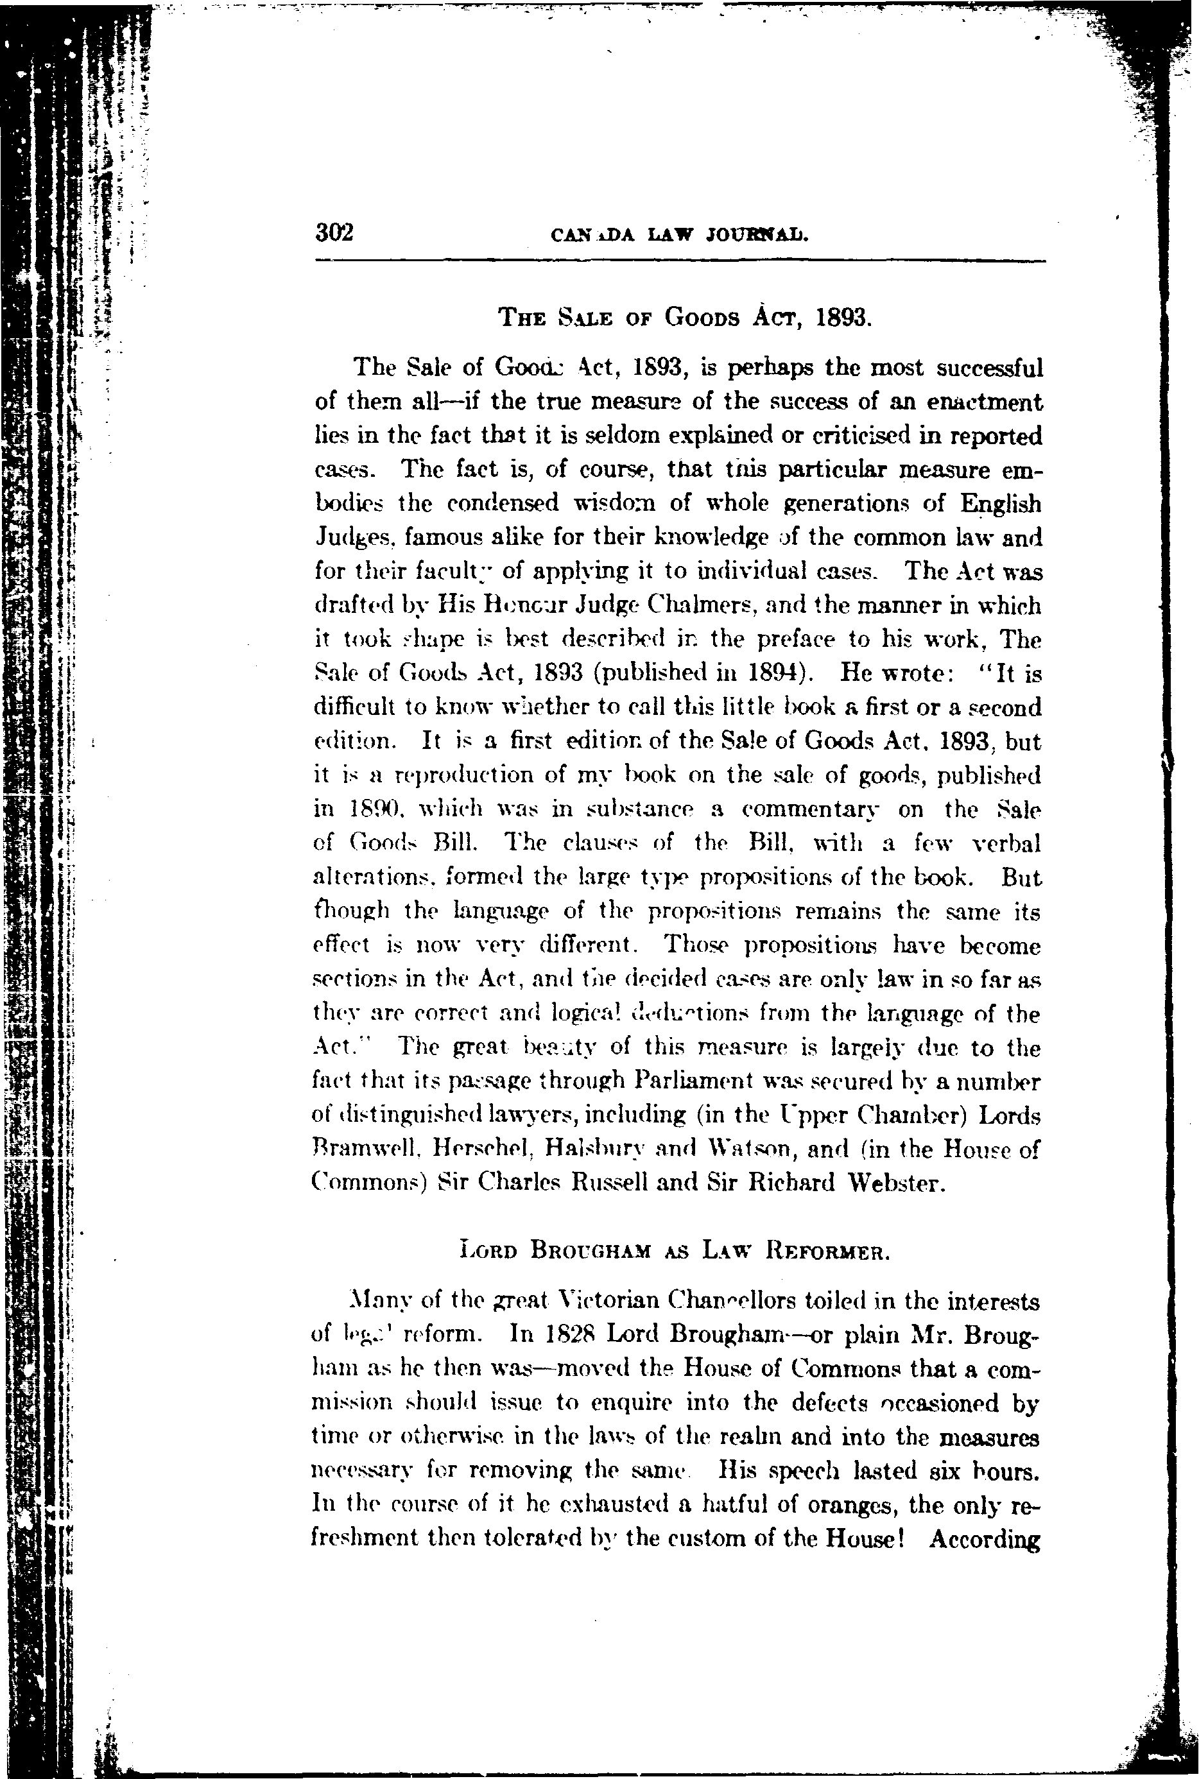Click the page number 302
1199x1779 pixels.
click(x=334, y=232)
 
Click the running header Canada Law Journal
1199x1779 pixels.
click(x=680, y=235)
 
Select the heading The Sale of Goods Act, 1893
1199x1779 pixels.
click(x=684, y=316)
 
